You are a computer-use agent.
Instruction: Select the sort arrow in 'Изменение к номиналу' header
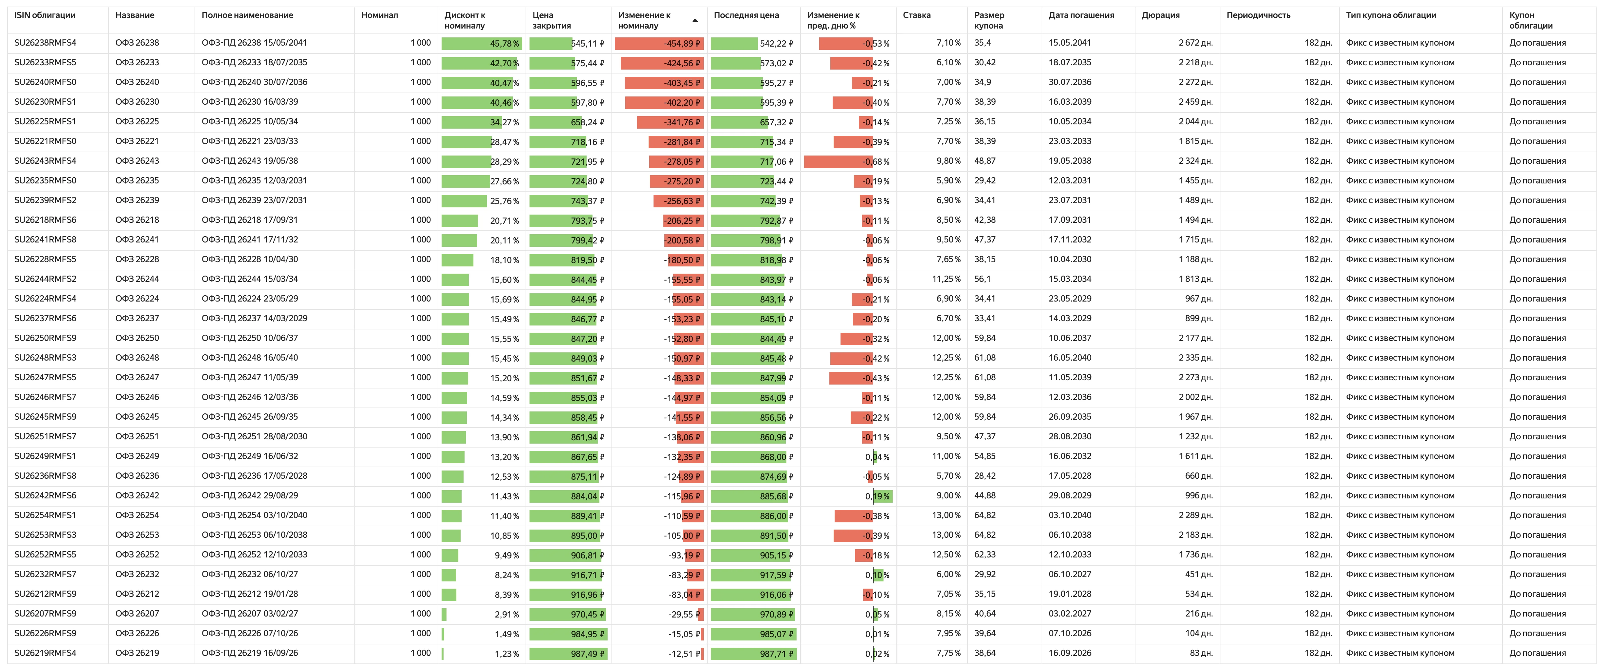click(695, 21)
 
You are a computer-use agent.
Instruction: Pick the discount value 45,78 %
click(504, 44)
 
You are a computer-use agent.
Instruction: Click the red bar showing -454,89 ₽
click(659, 44)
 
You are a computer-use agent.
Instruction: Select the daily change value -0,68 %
click(876, 162)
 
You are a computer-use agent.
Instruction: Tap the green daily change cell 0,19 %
click(877, 496)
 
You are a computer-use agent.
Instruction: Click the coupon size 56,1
click(983, 279)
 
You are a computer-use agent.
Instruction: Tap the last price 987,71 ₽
click(776, 654)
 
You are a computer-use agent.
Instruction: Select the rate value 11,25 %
click(946, 279)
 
